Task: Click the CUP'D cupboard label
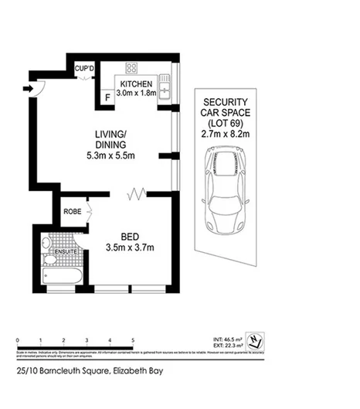(x=83, y=67)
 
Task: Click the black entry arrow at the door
(x=29, y=88)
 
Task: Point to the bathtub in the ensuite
(x=56, y=277)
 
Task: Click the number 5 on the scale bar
(x=134, y=341)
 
